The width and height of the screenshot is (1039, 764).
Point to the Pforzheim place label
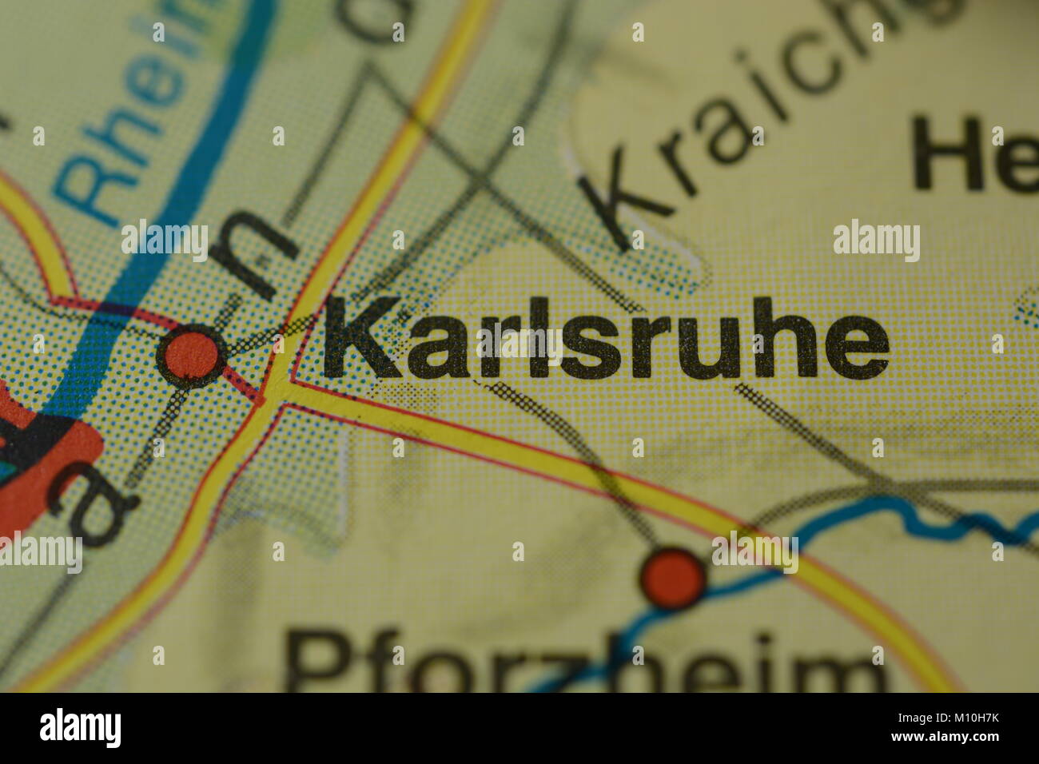pos(587,663)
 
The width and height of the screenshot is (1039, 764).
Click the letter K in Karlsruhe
pos(360,338)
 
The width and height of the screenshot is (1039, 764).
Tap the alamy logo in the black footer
pos(80,728)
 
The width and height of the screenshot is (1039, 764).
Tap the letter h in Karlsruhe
pos(775,341)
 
